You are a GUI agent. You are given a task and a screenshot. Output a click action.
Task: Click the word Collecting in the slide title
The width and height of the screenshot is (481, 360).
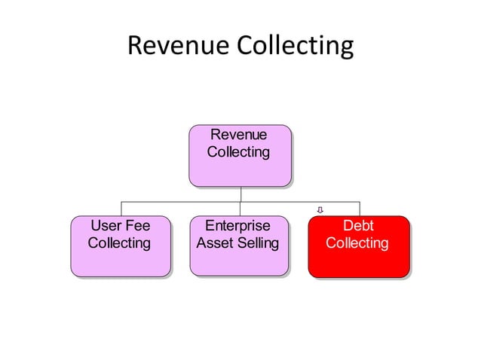pyautogui.click(x=295, y=47)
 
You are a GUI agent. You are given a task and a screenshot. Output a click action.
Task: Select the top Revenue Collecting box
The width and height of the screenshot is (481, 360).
pyautogui.click(x=240, y=155)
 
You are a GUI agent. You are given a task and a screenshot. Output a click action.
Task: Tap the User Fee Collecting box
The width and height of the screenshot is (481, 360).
pyautogui.click(x=120, y=246)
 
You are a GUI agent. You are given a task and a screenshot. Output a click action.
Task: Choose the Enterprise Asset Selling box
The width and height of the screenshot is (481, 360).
pyautogui.click(x=239, y=246)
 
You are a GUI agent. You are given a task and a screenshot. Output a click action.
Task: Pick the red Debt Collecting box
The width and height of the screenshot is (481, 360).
pyautogui.click(x=358, y=246)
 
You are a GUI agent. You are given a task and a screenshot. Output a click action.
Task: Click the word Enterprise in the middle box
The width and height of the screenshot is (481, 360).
pyautogui.click(x=237, y=226)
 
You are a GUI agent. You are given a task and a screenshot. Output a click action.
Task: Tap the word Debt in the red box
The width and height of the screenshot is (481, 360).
pyautogui.click(x=358, y=226)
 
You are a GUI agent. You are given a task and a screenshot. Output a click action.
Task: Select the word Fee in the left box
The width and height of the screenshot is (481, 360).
pyautogui.click(x=136, y=226)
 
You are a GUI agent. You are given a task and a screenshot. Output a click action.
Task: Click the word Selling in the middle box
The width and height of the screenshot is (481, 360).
pyautogui.click(x=258, y=243)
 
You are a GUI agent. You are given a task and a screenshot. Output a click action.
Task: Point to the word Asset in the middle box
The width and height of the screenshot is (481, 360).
pyautogui.click(x=215, y=243)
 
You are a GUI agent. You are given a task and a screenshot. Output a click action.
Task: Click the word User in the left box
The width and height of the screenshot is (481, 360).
pyautogui.click(x=105, y=226)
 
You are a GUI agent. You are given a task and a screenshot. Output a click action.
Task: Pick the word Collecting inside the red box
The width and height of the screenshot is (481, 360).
pyautogui.click(x=357, y=243)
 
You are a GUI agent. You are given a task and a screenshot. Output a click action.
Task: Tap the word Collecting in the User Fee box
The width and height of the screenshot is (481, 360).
pyautogui.click(x=119, y=243)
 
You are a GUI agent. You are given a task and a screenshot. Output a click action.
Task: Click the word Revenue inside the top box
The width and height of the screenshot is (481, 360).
pyautogui.click(x=238, y=135)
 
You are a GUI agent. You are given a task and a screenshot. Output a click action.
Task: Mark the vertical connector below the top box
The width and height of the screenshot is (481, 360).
pyautogui.click(x=240, y=194)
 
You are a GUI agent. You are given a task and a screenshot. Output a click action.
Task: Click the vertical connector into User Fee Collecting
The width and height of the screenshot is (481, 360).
pyautogui.click(x=122, y=209)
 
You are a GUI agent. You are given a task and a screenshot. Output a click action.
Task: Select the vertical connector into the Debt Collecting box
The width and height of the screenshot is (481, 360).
pyautogui.click(x=360, y=209)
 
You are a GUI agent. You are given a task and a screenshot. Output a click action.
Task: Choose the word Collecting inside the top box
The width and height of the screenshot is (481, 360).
pyautogui.click(x=238, y=152)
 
